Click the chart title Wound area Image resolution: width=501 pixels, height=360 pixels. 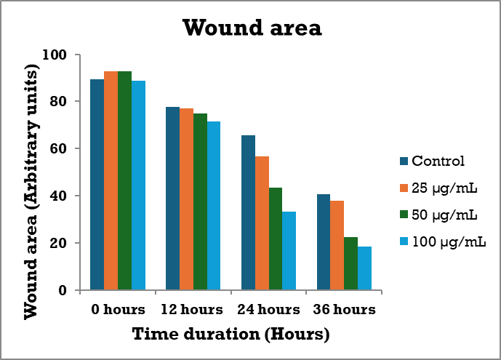pos(252,28)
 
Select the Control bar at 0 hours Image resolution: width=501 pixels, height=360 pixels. pos(97,185)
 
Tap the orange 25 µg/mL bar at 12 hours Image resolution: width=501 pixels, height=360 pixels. pos(187,199)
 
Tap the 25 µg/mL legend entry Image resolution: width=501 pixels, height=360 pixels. pos(438,188)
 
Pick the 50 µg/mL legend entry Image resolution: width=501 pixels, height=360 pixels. pos(438,215)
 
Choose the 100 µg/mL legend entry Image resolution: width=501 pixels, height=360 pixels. pos(441,241)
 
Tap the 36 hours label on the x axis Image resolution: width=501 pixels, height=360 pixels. pos(344,309)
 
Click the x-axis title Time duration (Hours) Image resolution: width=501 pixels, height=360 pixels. pos(231,335)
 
